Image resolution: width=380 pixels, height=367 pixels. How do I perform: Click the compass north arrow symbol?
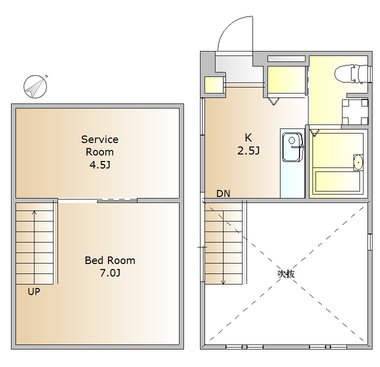(35, 86)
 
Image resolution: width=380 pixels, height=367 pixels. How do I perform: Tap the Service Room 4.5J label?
(100, 152)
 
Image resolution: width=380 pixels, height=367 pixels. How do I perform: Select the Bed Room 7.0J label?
(110, 266)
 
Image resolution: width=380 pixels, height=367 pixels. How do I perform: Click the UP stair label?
(34, 291)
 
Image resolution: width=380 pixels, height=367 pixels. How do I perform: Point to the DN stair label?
(223, 193)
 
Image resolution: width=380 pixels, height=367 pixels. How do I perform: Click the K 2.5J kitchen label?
(248, 144)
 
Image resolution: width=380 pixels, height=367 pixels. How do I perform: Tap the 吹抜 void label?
(286, 274)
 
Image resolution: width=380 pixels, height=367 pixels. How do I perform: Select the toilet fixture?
(352, 73)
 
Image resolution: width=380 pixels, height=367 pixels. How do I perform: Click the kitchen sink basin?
(293, 147)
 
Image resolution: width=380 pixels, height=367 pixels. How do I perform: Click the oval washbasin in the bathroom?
(358, 162)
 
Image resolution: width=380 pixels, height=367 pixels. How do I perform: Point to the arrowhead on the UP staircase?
(34, 212)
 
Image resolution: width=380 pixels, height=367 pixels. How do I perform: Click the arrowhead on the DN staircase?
(223, 282)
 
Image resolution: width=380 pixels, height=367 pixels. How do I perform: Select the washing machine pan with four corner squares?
(355, 111)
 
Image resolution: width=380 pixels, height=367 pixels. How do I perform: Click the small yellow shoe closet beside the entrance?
(214, 85)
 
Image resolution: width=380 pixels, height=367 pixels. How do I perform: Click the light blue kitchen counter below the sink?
(292, 180)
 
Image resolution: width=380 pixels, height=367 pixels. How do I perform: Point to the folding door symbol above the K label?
(274, 101)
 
